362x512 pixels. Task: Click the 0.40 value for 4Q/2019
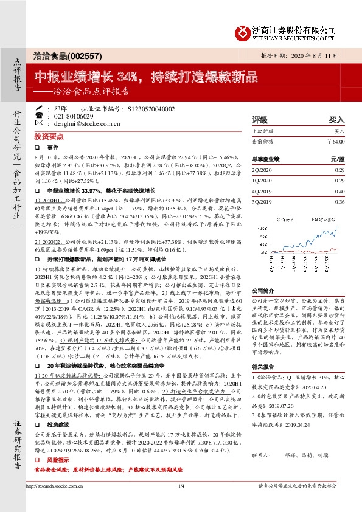[x=339, y=191]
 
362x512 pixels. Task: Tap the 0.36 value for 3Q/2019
[x=339, y=201]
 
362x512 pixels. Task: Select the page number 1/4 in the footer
[x=181, y=502]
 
